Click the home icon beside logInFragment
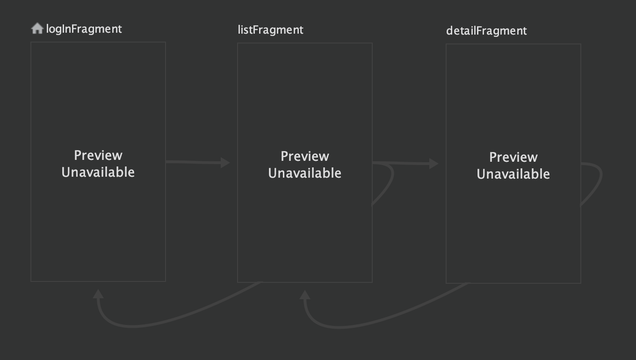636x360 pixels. point(37,29)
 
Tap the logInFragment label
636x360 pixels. point(84,29)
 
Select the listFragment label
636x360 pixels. point(270,30)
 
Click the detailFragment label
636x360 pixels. point(486,31)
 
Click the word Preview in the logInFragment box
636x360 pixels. point(98,155)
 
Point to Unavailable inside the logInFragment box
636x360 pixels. point(98,172)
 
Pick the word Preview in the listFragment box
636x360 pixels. point(305,156)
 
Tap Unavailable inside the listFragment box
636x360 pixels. point(305,173)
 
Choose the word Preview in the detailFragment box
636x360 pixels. point(513,157)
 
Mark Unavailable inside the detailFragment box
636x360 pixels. point(513,174)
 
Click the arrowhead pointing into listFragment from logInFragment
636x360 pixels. point(225,163)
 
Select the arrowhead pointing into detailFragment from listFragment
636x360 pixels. point(434,164)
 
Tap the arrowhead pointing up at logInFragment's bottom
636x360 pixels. point(98,294)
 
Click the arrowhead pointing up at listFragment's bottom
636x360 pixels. point(305,295)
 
